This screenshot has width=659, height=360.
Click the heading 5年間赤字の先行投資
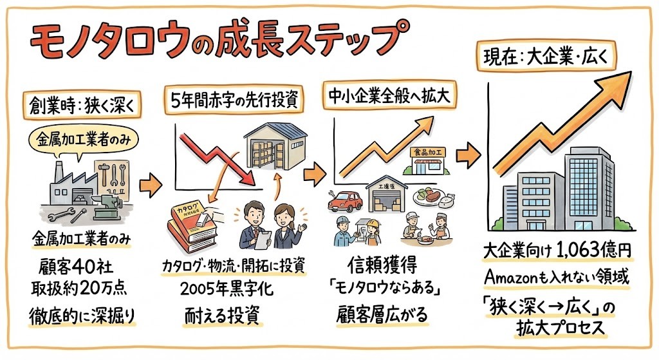[x=233, y=100]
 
